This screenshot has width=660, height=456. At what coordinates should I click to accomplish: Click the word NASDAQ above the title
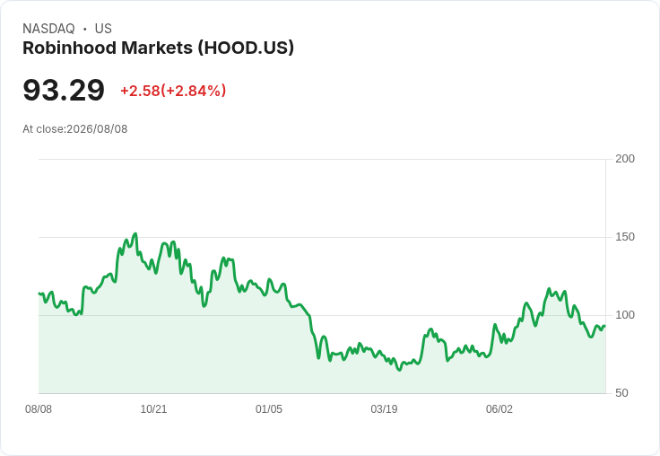pyautogui.click(x=48, y=29)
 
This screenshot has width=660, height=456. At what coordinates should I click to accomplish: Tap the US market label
pyautogui.click(x=103, y=29)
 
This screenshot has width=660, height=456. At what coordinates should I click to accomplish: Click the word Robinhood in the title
pyautogui.click(x=69, y=48)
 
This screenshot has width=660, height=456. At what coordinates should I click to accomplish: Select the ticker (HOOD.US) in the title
pyautogui.click(x=246, y=48)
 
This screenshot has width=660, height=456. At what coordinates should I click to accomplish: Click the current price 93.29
pyautogui.click(x=64, y=90)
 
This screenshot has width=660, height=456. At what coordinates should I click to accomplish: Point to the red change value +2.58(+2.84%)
pyautogui.click(x=173, y=91)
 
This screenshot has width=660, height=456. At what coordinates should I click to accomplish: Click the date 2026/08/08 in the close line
pyautogui.click(x=97, y=129)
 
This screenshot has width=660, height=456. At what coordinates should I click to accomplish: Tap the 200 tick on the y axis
pyautogui.click(x=625, y=159)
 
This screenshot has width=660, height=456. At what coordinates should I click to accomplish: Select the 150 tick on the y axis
pyautogui.click(x=625, y=237)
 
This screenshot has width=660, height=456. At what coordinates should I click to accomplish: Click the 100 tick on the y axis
pyautogui.click(x=625, y=315)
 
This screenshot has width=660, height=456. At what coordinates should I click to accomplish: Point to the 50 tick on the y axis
pyautogui.click(x=621, y=393)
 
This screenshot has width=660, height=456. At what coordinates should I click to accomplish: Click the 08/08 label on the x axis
pyautogui.click(x=39, y=409)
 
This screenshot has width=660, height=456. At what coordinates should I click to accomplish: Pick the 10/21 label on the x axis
pyautogui.click(x=153, y=409)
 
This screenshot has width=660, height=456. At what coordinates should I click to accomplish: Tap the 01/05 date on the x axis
pyautogui.click(x=269, y=409)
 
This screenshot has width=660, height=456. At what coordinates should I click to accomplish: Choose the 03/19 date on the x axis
pyautogui.click(x=384, y=409)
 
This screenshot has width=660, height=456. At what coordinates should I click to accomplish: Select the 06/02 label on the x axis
pyautogui.click(x=499, y=409)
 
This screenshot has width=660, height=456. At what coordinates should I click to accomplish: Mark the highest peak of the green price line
pyautogui.click(x=135, y=233)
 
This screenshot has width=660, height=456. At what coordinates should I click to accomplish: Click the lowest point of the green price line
pyautogui.click(x=399, y=370)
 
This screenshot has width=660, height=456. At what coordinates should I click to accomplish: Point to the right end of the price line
pyautogui.click(x=605, y=326)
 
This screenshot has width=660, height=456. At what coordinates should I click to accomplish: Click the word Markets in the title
pyautogui.click(x=157, y=48)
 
